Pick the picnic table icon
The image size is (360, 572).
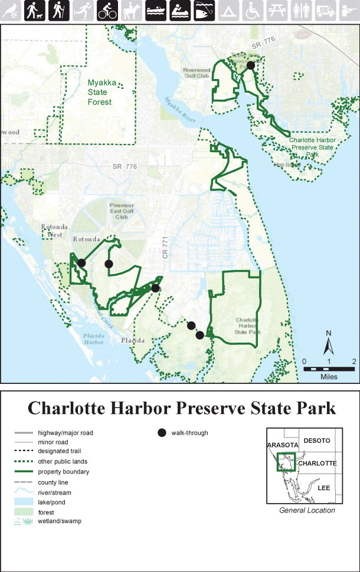pos(276,10)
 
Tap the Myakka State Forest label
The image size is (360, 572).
pos(99,93)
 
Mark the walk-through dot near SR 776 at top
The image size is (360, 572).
pos(250,65)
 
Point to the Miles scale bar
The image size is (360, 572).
pos(329,369)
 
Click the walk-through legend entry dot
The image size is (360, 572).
pos(161,433)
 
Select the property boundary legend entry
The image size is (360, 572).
pos(63,472)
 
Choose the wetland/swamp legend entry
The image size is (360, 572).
pos(60,521)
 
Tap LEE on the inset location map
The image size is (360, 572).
pos(323,488)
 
